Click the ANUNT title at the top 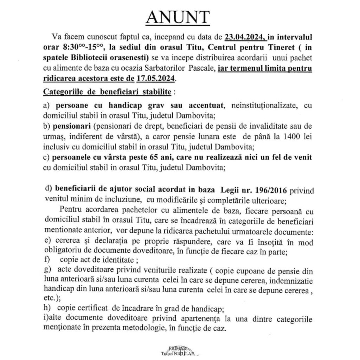tap(177, 17)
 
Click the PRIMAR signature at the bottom tap(179, 347)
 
